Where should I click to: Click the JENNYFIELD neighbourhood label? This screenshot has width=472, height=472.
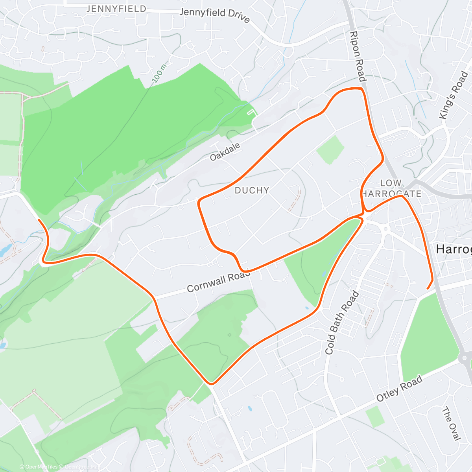click(x=116, y=9)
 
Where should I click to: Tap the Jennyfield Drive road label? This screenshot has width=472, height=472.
click(x=214, y=15)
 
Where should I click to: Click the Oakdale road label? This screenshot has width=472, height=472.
click(x=225, y=152)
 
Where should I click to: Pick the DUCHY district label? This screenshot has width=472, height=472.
click(x=252, y=190)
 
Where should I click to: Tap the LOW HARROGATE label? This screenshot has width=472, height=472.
click(x=391, y=188)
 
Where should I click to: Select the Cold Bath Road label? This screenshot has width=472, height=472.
click(x=342, y=323)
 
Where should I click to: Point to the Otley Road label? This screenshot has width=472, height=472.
click(x=399, y=388)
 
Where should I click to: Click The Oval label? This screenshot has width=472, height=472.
click(x=451, y=424)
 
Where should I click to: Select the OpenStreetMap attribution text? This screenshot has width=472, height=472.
click(x=81, y=467)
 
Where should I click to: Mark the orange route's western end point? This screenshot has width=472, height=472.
click(x=39, y=219)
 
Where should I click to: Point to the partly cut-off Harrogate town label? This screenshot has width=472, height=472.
click(x=454, y=249)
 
